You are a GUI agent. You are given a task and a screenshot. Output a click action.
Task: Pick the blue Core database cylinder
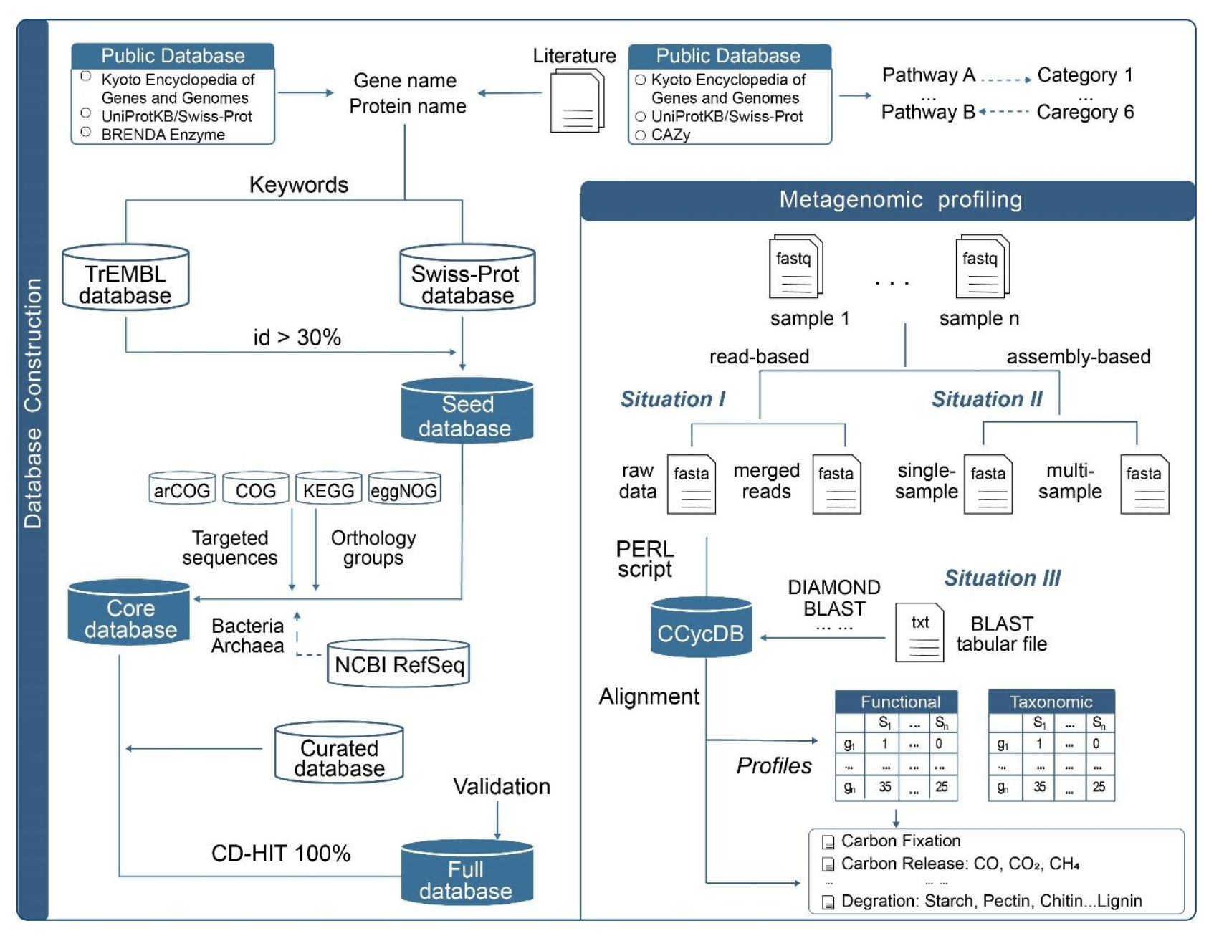pos(130,613)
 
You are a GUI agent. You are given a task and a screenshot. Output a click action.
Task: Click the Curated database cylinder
pos(339,753)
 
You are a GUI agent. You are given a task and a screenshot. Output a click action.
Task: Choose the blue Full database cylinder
pos(467,874)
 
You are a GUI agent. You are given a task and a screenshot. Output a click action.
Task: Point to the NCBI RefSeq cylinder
pos(398,664)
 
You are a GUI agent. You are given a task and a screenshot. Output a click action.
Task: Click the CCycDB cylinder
pos(701,628)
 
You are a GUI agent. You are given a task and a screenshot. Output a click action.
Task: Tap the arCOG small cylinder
pos(182,489)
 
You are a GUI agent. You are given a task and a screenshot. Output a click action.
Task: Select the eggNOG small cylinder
pos(404,489)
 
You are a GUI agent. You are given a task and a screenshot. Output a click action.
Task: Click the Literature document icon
pos(577,102)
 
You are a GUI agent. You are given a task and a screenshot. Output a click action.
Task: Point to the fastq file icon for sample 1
pos(795,267)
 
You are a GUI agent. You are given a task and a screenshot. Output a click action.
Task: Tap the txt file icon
pos(919,632)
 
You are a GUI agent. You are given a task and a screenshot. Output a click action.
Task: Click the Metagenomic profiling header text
pos(900,200)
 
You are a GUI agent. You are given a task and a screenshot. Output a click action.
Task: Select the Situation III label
pos(1002,578)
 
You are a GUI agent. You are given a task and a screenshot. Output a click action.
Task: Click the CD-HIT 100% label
pos(280,853)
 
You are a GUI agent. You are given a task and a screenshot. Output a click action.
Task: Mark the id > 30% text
pos(297,337)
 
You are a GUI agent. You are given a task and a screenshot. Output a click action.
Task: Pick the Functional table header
pos(899,701)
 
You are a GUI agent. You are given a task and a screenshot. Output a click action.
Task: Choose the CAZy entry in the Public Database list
pos(670,135)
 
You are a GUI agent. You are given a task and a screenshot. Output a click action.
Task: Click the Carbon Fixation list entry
pos(900,841)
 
